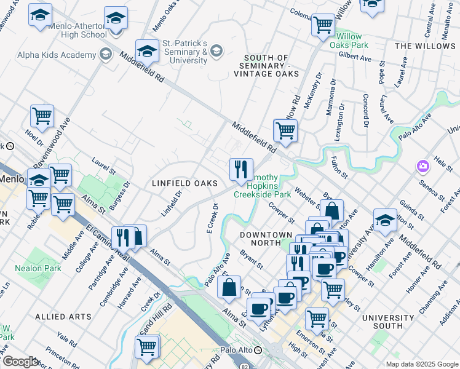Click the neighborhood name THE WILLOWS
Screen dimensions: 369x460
(x=425, y=46)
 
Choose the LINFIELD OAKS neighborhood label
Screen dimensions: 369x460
(x=184, y=183)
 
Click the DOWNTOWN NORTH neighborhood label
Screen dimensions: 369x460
(x=266, y=235)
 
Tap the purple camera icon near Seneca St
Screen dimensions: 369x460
(x=422, y=166)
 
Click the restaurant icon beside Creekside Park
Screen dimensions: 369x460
(x=241, y=168)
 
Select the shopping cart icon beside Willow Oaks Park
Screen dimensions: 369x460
(x=322, y=25)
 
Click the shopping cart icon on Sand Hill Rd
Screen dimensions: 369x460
(x=148, y=346)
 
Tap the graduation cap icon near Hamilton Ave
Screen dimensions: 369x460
(x=385, y=219)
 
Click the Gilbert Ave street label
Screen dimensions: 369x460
(x=355, y=57)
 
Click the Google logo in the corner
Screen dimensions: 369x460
(x=20, y=362)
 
